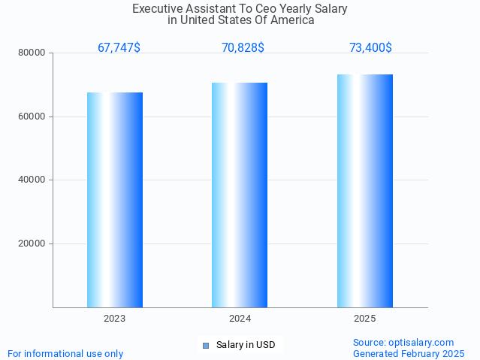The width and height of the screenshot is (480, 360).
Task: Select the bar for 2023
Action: [115, 200]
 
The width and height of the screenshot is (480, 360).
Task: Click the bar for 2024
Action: [240, 195]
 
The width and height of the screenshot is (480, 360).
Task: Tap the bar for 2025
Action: [365, 191]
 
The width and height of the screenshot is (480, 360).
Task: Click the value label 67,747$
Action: [119, 48]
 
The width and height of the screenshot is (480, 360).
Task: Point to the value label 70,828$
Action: [243, 48]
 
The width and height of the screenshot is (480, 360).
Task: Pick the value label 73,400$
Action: [370, 48]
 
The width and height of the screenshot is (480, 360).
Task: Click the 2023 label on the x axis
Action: [115, 319]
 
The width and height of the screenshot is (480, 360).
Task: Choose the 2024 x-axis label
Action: [240, 319]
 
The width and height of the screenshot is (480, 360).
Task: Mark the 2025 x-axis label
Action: [365, 319]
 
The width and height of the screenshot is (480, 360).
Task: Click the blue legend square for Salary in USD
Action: [205, 346]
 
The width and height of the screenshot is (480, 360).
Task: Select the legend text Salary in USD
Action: [246, 346]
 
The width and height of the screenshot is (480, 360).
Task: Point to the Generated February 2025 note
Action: [409, 353]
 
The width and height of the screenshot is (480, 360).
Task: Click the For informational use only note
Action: [65, 353]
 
